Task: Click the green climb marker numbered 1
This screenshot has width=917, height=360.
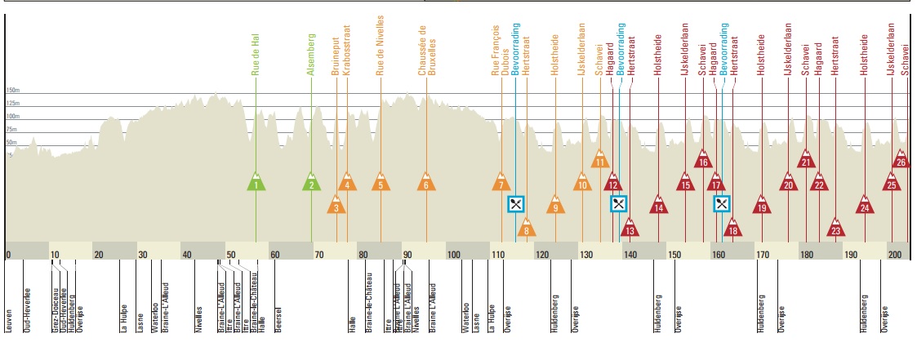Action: (256, 182)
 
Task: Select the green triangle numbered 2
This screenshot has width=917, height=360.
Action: (311, 182)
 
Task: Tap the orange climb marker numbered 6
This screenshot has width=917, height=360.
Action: (425, 182)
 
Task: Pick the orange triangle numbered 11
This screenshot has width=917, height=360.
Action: (600, 159)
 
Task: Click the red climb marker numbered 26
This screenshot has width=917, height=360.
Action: (901, 159)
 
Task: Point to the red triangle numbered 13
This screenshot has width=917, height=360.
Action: (629, 228)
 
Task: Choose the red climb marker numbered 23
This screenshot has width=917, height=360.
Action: (835, 228)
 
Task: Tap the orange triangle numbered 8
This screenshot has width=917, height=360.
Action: (527, 228)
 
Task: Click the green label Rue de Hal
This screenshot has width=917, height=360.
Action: (256, 54)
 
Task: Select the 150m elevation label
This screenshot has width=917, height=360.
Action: (12, 91)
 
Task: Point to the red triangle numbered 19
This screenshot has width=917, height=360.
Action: (762, 205)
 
